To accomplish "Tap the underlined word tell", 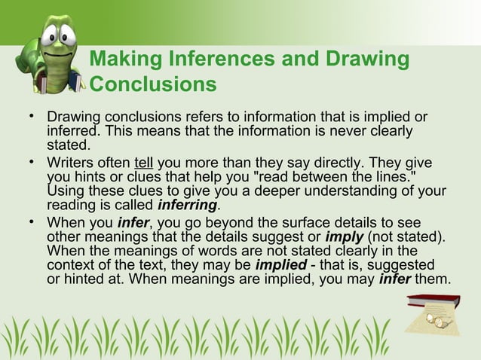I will coord(143,163).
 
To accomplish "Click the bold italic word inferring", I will coord(187,206).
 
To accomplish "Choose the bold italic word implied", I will coord(281,266).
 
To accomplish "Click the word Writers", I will coord(71,163).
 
